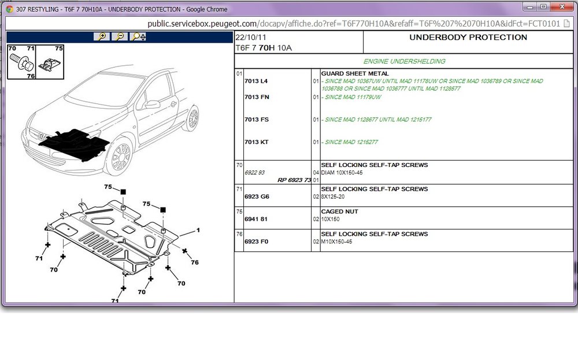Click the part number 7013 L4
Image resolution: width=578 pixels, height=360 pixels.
(x=256, y=81)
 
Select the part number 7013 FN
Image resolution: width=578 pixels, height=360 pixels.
(x=257, y=97)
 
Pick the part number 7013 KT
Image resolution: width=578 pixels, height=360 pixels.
(x=256, y=142)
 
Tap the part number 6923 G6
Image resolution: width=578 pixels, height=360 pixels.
(x=257, y=196)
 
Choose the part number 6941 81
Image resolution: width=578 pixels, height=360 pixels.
(x=256, y=219)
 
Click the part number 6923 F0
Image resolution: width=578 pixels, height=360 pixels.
(x=256, y=242)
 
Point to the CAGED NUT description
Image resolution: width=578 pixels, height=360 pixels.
(x=339, y=211)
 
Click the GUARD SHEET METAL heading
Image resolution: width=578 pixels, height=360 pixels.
(x=355, y=73)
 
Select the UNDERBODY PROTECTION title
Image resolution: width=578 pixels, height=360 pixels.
(x=468, y=37)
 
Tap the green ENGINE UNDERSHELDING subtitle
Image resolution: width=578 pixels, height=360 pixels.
(x=405, y=61)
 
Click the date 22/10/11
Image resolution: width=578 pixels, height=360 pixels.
(x=251, y=37)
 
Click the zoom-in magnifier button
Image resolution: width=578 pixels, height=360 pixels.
(x=102, y=36)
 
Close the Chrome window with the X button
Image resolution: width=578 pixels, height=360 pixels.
(x=562, y=6)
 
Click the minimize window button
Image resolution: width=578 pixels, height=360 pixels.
(x=529, y=6)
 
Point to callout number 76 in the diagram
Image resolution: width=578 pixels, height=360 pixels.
(x=195, y=262)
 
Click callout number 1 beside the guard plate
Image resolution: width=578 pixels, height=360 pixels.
(x=198, y=231)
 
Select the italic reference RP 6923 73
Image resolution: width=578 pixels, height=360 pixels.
(x=294, y=180)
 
